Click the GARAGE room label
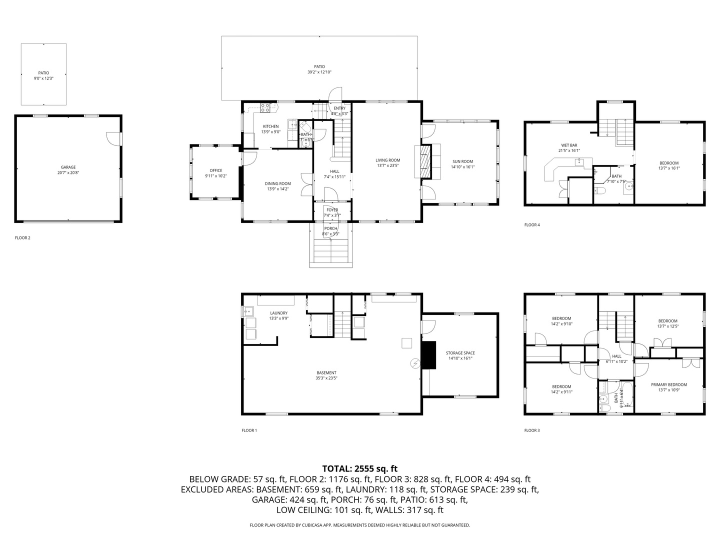click(x=68, y=167)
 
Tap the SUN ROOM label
click(x=462, y=161)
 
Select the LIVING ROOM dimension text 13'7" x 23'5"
click(x=388, y=166)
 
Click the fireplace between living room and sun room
click(x=424, y=161)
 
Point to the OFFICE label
click(x=216, y=170)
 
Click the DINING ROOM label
click(x=277, y=183)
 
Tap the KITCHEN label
click(x=270, y=126)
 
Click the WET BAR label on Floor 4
click(x=569, y=145)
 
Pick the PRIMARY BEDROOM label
click(x=668, y=384)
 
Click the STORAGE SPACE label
click(x=460, y=353)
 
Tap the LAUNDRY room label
click(x=278, y=313)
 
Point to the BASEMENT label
click(x=326, y=372)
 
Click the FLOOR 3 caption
click(x=532, y=430)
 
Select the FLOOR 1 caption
click(x=249, y=430)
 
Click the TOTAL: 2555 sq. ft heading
click(x=359, y=468)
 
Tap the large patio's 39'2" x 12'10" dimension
click(x=319, y=72)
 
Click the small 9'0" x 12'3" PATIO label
click(x=43, y=78)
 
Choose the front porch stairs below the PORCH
click(x=331, y=253)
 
